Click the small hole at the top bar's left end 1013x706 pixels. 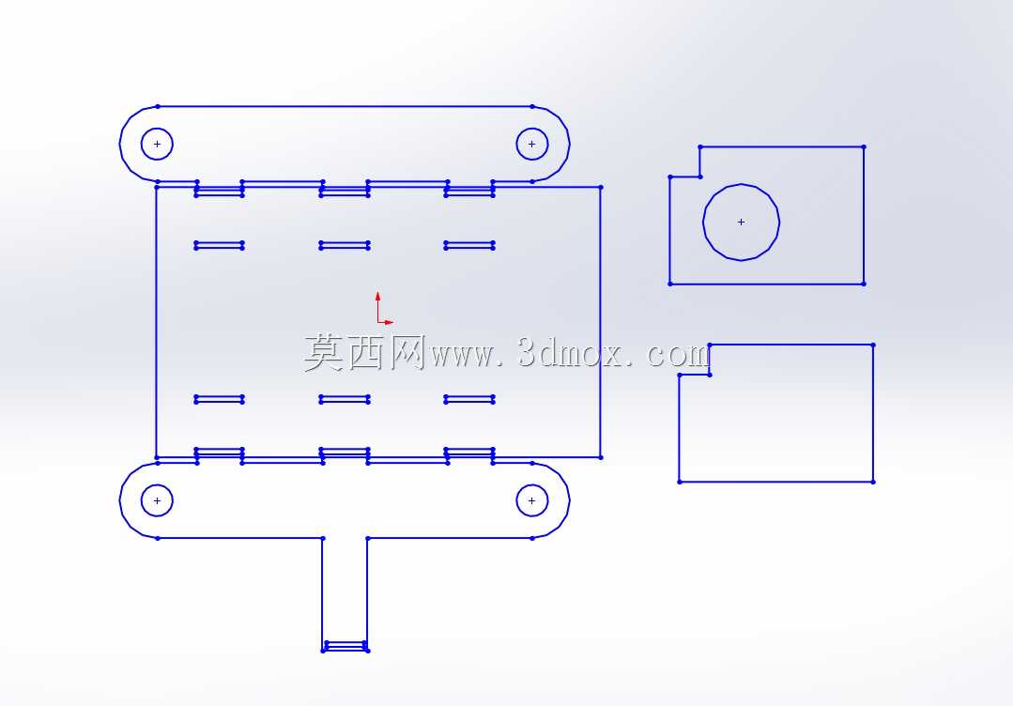pyautogui.click(x=157, y=129)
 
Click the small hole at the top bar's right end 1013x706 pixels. pyautogui.click(x=531, y=129)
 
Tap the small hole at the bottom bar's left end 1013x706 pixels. pyautogui.click(x=157, y=485)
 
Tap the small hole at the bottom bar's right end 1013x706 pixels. pyautogui.click(x=531, y=485)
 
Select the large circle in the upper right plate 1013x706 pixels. pyautogui.click(x=741, y=184)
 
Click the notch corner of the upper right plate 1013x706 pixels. pyautogui.click(x=700, y=176)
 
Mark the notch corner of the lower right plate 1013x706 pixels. pyautogui.click(x=710, y=375)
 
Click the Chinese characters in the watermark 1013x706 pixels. pyautogui.click(x=364, y=353)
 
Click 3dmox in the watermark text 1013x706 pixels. pyautogui.click(x=571, y=353)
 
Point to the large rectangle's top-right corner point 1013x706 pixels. pyautogui.click(x=601, y=188)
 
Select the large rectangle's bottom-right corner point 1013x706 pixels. pyautogui.click(x=601, y=457)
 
